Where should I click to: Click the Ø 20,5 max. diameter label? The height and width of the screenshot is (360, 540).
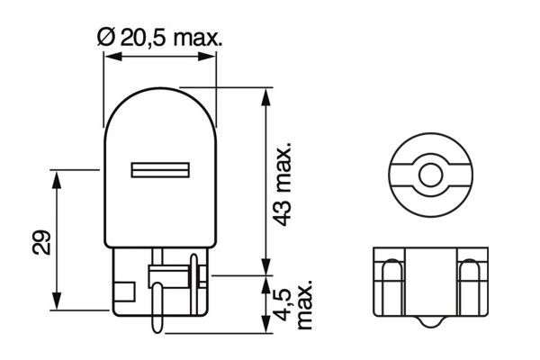click(159, 37)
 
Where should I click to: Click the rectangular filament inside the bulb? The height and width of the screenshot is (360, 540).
click(160, 169)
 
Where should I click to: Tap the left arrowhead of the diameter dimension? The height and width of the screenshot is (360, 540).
click(109, 58)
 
